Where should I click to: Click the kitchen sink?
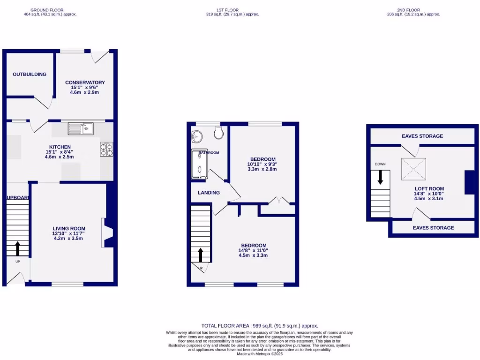tap(81, 128)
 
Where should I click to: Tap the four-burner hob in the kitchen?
tap(106, 149)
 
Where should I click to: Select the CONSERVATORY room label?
tap(85, 82)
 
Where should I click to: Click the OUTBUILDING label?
tap(30, 74)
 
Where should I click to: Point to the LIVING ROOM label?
tap(69, 229)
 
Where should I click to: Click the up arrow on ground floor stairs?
tap(18, 247)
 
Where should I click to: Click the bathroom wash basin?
tap(197, 136)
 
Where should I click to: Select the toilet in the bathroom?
tap(218, 134)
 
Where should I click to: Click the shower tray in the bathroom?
tap(200, 165)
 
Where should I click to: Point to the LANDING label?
tap(209, 193)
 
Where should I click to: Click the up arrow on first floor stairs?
tap(201, 255)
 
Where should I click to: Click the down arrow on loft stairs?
tap(380, 176)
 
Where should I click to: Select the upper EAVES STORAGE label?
tap(422, 136)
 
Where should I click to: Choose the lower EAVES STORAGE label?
tap(433, 228)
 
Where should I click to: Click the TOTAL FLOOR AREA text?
tap(259, 326)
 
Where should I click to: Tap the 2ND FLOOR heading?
tap(408, 10)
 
